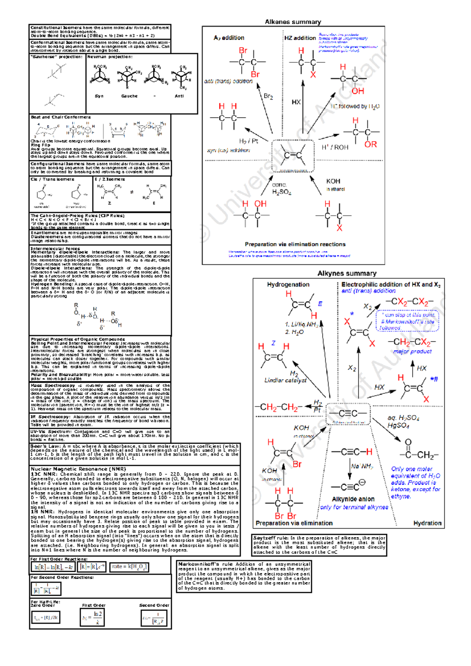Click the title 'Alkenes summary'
(293, 22)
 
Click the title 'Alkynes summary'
(347, 273)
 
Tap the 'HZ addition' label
(300, 38)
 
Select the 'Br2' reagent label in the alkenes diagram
(268, 96)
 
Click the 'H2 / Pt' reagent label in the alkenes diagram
(248, 141)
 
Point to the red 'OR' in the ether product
(370, 145)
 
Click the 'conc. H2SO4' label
(281, 188)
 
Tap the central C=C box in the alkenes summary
(293, 156)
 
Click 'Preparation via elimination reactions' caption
(295, 244)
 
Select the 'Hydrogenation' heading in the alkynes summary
(288, 284)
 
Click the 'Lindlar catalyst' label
(285, 380)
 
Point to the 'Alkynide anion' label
(353, 499)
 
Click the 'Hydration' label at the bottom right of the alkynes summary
(427, 523)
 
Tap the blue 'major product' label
(412, 351)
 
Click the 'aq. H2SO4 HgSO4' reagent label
(403, 422)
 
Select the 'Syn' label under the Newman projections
(99, 96)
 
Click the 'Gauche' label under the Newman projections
(129, 96)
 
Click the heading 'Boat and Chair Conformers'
(61, 117)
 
